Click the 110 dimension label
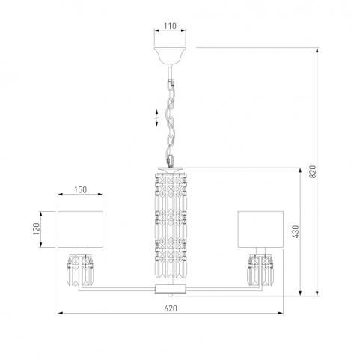click(x=170, y=26)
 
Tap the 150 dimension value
click(x=80, y=189)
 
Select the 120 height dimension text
click(x=37, y=228)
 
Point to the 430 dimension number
click(x=296, y=231)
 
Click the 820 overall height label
click(x=313, y=171)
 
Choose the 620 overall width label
click(x=171, y=308)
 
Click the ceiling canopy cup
click(x=170, y=55)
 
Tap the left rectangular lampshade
click(x=80, y=229)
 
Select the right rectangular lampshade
click(x=260, y=229)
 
